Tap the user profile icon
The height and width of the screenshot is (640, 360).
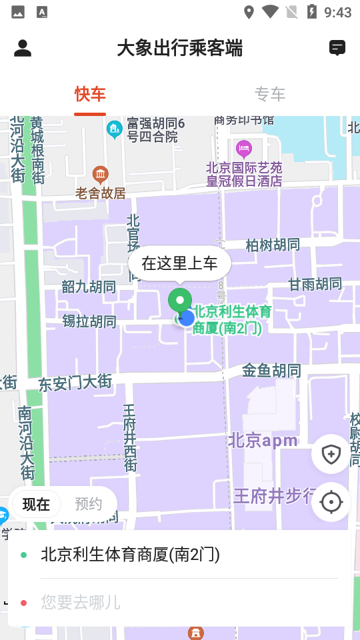(x=23, y=48)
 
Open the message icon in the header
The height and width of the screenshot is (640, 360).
(x=337, y=48)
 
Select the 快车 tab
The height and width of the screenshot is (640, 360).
(x=90, y=95)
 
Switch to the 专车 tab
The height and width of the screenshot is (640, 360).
(x=270, y=95)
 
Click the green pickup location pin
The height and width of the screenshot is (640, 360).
(x=179, y=302)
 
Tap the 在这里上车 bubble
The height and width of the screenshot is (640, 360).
(x=179, y=263)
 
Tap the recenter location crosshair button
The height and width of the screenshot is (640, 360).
(x=331, y=502)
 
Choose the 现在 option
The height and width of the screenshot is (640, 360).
(x=36, y=504)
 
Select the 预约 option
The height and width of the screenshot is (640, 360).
(x=88, y=504)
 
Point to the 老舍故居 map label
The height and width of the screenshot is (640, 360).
(x=101, y=193)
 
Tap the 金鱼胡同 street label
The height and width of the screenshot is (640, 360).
(x=271, y=370)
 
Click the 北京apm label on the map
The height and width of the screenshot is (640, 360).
(x=263, y=441)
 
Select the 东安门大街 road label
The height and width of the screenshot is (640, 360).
(x=75, y=383)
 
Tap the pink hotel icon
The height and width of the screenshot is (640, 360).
(x=244, y=147)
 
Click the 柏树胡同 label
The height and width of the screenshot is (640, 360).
(x=273, y=245)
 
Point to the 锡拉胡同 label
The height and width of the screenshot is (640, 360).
(x=89, y=321)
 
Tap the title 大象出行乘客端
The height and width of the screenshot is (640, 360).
(x=179, y=48)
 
